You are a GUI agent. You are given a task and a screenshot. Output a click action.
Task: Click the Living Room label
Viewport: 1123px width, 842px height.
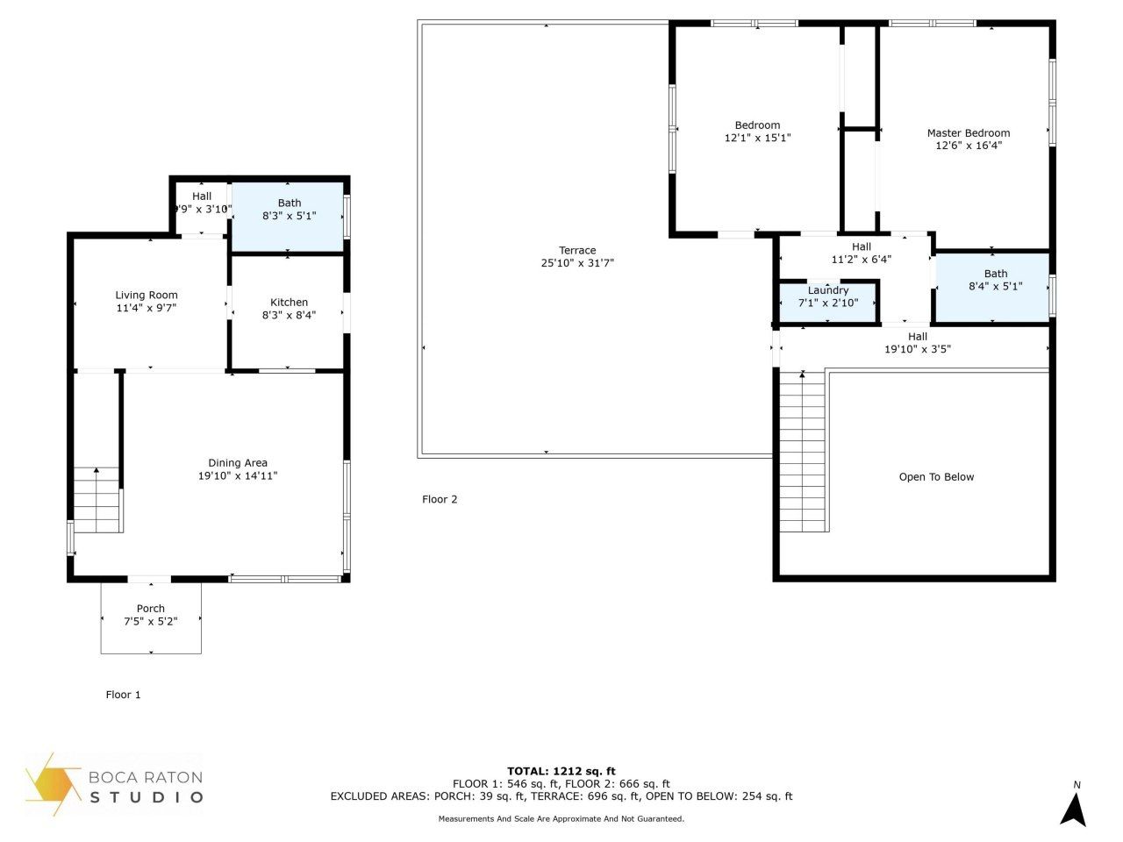(x=147, y=296)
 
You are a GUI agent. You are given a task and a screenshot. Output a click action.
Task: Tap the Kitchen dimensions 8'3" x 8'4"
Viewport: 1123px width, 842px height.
(x=289, y=315)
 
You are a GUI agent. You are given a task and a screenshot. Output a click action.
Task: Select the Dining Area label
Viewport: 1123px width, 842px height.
(x=238, y=463)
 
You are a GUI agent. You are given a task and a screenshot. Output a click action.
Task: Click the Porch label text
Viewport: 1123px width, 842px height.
(x=151, y=609)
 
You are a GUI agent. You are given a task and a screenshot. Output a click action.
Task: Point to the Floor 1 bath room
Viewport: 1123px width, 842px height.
(x=288, y=217)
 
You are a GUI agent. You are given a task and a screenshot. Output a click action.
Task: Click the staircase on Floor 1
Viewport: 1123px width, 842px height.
(x=97, y=500)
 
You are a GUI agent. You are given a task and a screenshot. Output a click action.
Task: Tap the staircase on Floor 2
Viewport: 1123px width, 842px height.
(x=803, y=452)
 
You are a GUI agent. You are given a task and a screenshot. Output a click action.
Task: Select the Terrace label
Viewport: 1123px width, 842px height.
(x=577, y=251)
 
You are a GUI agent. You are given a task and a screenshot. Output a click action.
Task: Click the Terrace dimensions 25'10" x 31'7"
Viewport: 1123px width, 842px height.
(x=577, y=263)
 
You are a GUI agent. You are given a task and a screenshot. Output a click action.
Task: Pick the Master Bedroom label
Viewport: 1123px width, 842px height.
(x=969, y=133)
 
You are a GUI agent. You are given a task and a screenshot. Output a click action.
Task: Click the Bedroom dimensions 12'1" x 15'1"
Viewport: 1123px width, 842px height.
(x=757, y=138)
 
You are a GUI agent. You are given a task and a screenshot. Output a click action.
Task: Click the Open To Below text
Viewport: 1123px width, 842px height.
(x=936, y=477)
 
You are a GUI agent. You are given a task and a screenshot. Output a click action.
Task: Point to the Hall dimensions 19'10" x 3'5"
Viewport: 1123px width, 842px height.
(x=918, y=349)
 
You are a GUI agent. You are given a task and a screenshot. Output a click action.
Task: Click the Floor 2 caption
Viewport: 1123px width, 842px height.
(x=440, y=500)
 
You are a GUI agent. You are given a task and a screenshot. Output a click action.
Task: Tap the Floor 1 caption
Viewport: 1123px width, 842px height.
(x=123, y=695)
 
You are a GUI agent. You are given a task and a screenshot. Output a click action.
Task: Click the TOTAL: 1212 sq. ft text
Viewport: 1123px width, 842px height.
(x=561, y=772)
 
